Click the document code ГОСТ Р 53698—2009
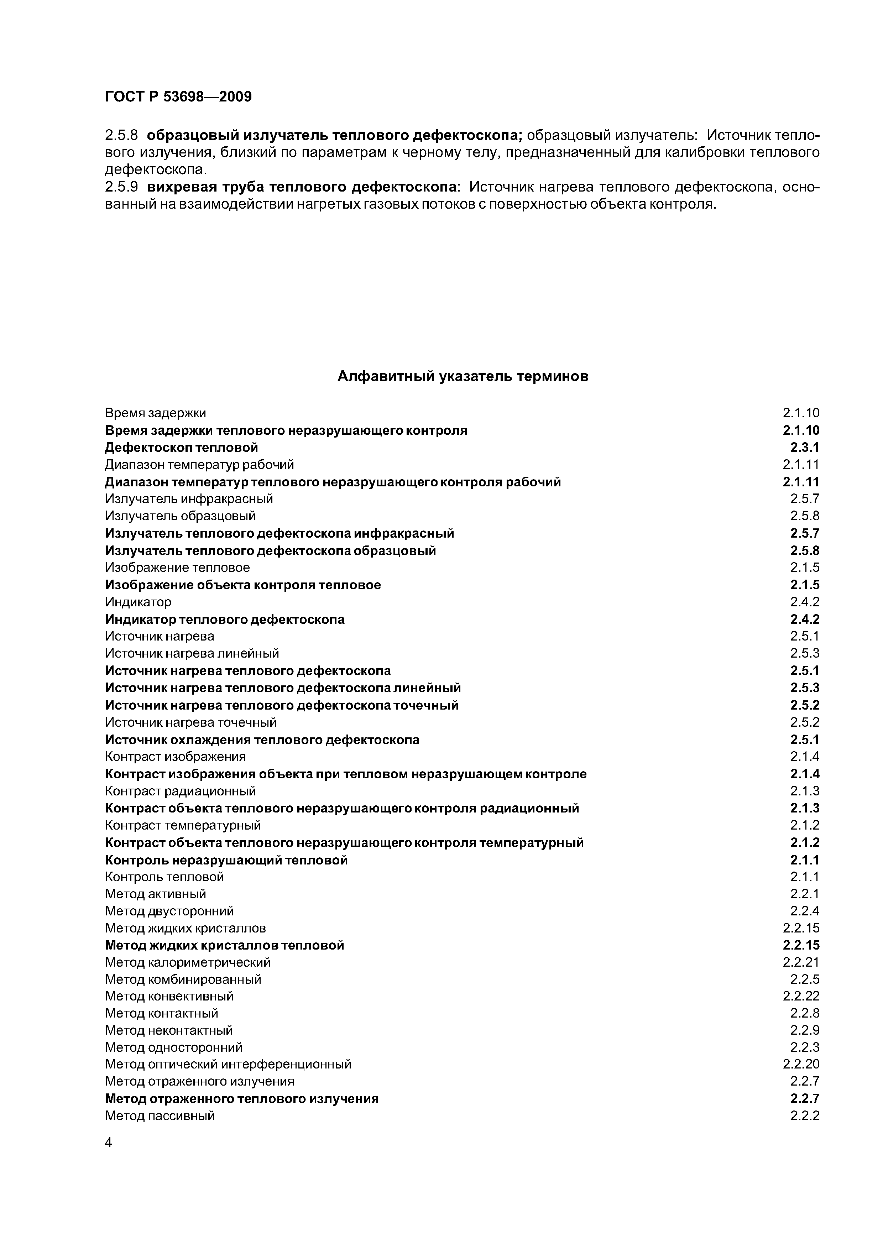178,97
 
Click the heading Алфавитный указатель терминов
463,376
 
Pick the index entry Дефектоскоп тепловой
181,448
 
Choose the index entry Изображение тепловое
177,568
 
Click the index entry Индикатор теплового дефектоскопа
225,620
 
